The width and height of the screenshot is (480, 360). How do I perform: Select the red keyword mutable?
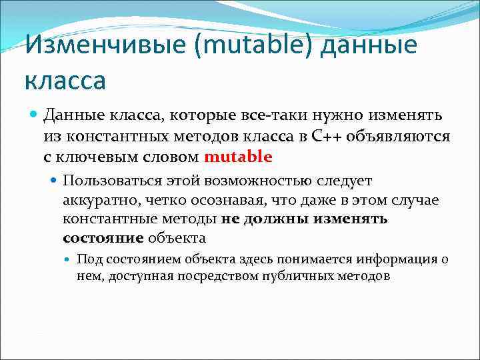[239, 157]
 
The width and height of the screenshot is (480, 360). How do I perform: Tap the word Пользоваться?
[107, 181]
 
